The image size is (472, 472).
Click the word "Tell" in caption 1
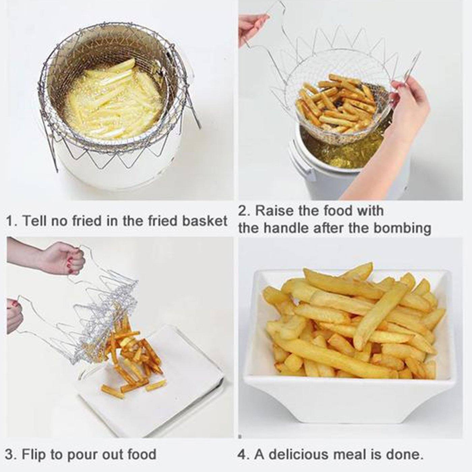point(36,222)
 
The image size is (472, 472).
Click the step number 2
point(243,211)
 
